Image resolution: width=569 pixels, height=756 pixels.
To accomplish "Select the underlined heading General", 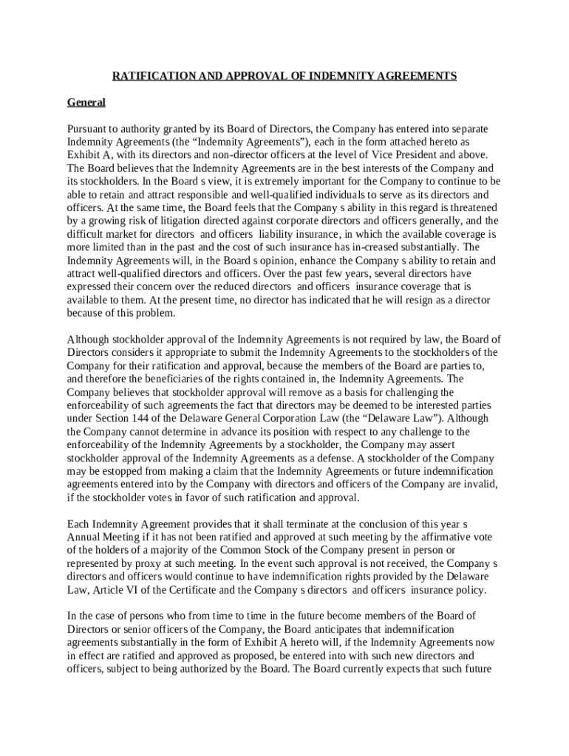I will [x=86, y=102].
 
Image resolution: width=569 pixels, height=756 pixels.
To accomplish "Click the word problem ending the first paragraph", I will [x=156, y=313].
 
